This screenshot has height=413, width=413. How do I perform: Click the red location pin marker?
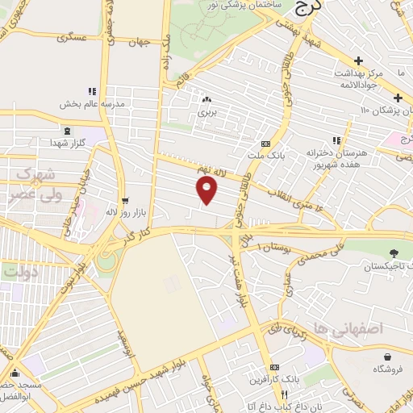click(207, 190)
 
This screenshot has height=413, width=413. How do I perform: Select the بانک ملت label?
click(265, 155)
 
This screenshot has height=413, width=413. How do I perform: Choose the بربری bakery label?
click(208, 113)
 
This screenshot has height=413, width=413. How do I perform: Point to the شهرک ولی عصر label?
click(34, 184)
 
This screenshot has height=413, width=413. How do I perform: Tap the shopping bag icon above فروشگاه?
click(390, 356)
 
